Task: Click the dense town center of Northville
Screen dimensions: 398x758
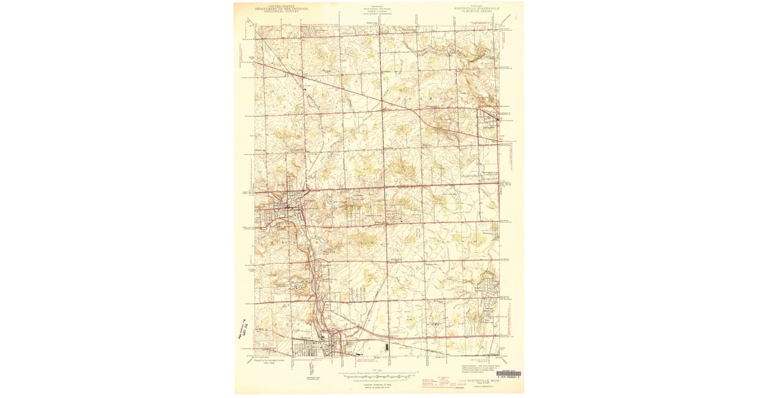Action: click(x=287, y=205)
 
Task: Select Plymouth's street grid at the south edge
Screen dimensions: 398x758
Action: click(x=322, y=347)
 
